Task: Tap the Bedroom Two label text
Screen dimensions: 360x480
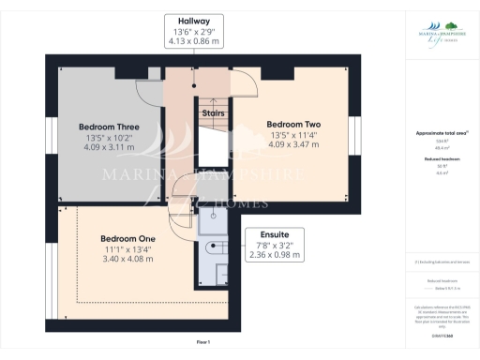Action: coord(293,124)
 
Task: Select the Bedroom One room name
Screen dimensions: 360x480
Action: coord(127,239)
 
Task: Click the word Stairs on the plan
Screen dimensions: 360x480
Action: coord(213,113)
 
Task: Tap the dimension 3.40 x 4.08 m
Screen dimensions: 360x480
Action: coord(127,259)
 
